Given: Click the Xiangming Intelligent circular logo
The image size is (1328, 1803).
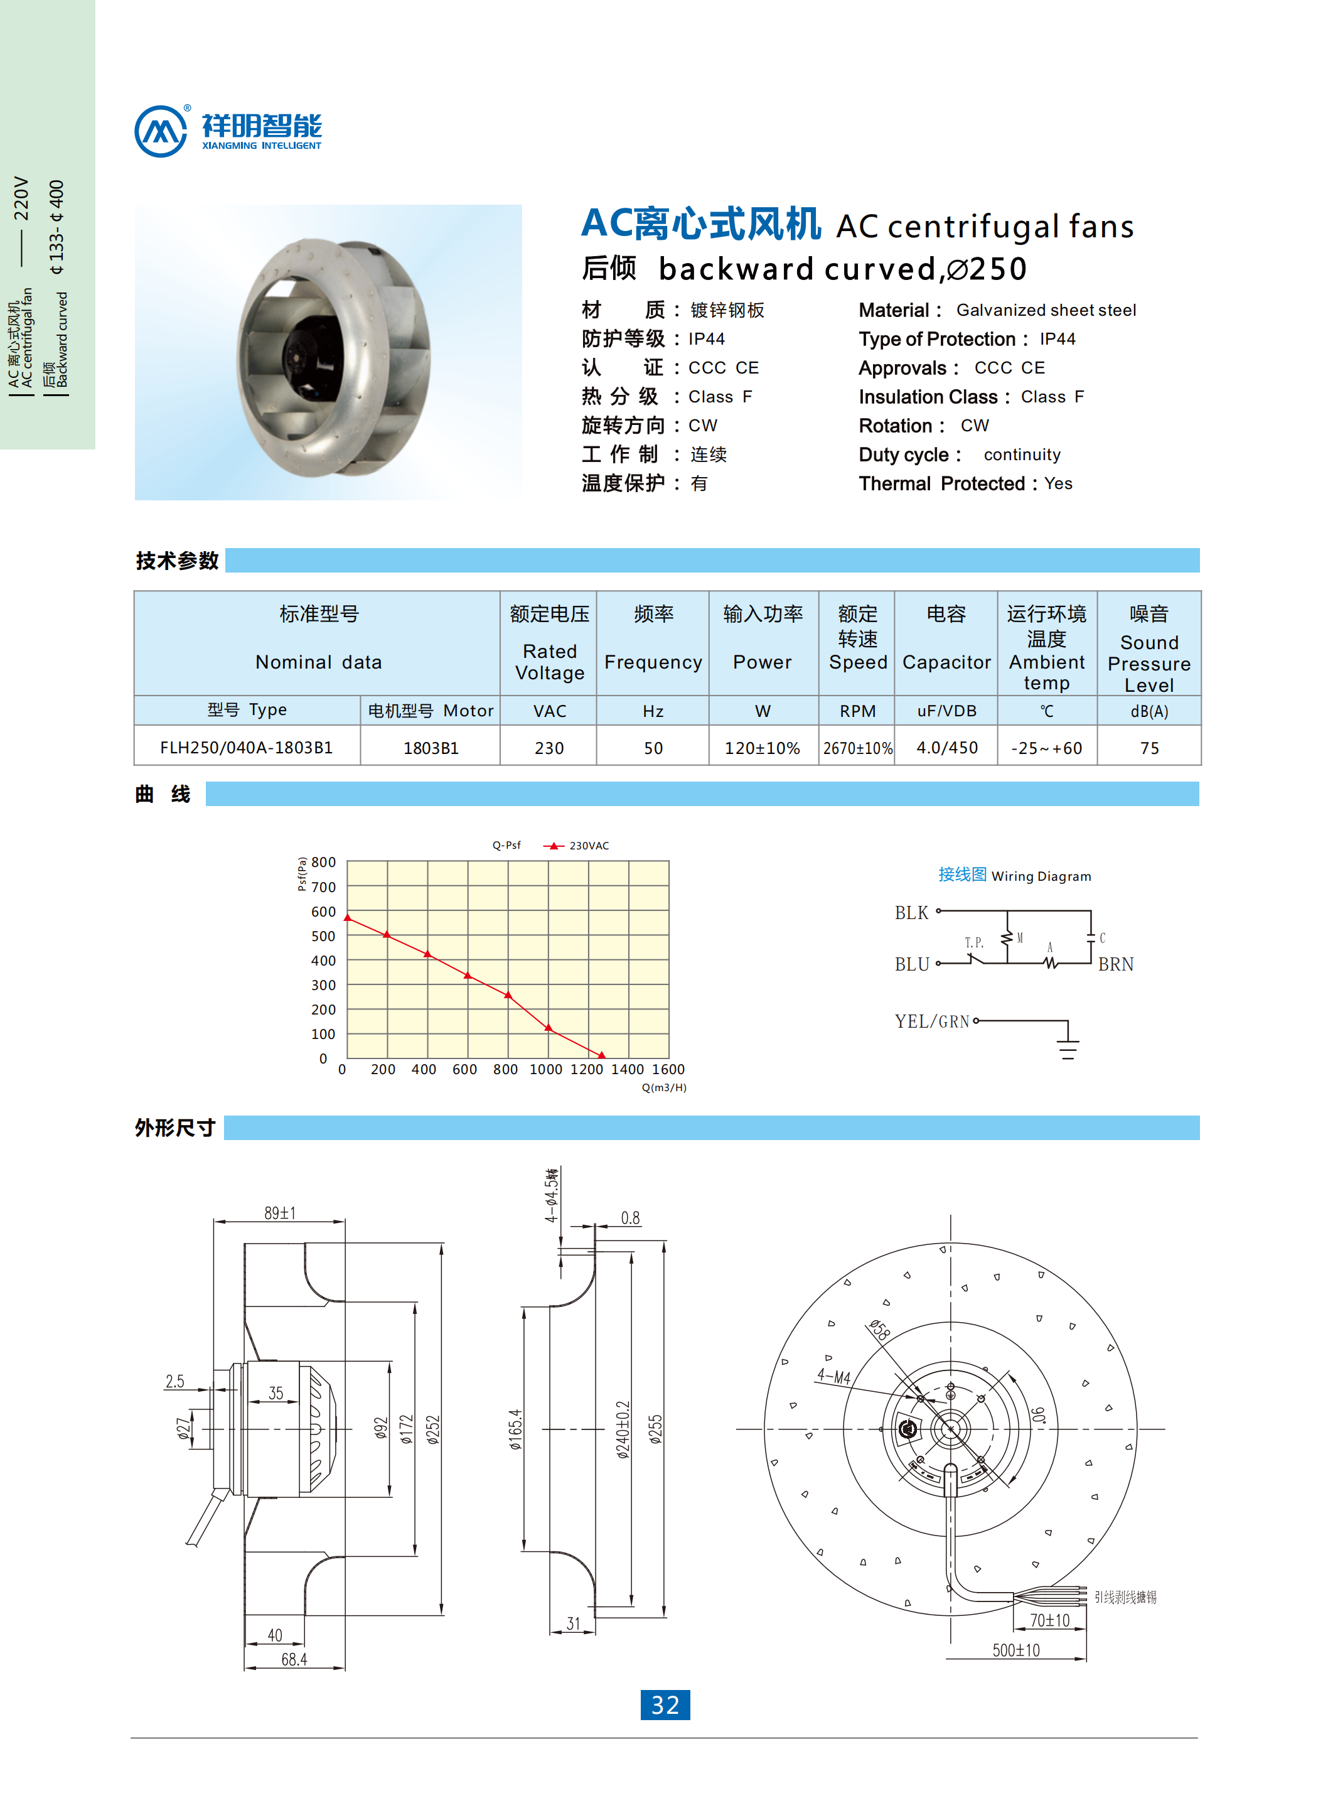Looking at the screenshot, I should point(161,131).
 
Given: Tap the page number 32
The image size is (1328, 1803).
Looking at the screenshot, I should point(665,1704).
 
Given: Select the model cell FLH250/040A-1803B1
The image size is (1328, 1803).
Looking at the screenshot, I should point(246,747).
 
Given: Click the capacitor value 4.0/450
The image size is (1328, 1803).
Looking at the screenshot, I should point(947,747).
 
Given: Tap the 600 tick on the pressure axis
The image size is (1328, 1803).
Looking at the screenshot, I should point(323,911).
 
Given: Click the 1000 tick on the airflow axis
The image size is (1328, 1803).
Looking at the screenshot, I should point(546,1068).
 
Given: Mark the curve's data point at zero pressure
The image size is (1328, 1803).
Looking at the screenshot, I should point(602,1054).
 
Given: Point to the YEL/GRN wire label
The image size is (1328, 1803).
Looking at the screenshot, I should point(932,1021).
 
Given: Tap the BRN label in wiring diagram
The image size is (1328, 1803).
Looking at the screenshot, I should point(1116,964).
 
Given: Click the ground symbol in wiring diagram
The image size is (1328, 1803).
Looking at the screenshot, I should point(1068,1048).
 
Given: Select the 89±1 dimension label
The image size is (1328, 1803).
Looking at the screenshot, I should point(280,1213).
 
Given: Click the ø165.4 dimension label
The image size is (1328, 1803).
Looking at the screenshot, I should point(515,1429).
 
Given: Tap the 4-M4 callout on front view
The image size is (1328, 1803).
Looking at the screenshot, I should point(833,1376).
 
